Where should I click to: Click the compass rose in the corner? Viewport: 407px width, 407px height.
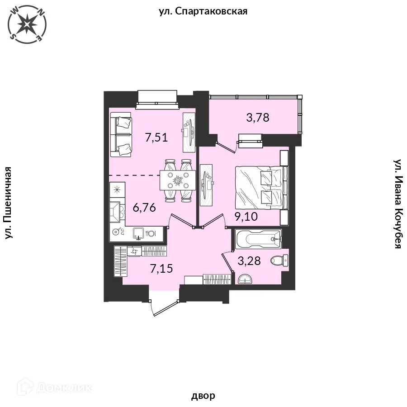(27, 24)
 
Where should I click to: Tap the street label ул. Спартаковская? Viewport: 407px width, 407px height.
(203, 11)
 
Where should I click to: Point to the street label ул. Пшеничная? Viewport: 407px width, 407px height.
(9, 203)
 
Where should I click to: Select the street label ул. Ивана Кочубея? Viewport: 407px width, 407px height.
(398, 204)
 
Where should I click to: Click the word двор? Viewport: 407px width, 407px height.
(203, 396)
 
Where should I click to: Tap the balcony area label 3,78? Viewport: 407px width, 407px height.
(258, 118)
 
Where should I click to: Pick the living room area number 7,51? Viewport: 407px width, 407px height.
(156, 137)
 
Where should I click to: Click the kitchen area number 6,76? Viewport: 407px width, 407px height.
(144, 208)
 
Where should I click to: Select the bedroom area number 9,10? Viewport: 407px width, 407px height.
(246, 216)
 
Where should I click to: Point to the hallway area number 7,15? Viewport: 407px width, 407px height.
(161, 268)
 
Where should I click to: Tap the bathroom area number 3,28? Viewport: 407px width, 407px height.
(249, 261)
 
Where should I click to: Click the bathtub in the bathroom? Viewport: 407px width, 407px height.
(258, 239)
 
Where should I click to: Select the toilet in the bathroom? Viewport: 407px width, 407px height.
(279, 260)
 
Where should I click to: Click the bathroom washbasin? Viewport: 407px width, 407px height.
(245, 279)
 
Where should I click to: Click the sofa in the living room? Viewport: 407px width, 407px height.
(121, 135)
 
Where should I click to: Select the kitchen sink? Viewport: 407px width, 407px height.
(138, 233)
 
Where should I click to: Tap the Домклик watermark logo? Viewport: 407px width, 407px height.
(54, 388)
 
